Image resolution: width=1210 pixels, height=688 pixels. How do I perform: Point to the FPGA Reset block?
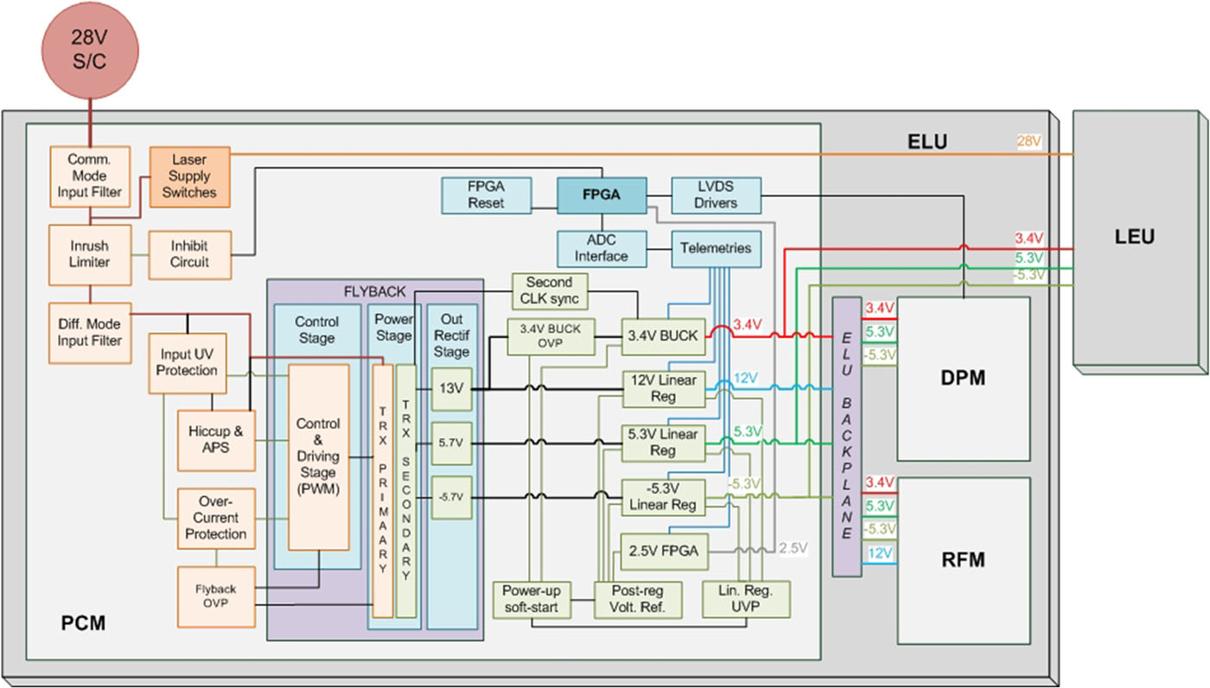[x=487, y=194]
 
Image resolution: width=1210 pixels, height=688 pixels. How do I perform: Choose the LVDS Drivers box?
[x=716, y=194]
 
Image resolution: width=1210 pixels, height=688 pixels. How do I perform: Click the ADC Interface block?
[x=601, y=248]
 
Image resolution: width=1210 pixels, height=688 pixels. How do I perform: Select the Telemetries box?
[x=716, y=248]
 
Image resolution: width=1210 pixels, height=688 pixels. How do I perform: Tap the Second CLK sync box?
[x=550, y=291]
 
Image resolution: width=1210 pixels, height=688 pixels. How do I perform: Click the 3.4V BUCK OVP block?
[x=551, y=336]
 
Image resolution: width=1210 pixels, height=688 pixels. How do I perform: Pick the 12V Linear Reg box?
[x=663, y=388]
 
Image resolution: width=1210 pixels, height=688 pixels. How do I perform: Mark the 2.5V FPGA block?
[x=663, y=550]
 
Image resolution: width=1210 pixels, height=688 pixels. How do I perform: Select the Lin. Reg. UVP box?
[x=746, y=599]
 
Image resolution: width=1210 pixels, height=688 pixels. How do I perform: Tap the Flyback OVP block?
[x=215, y=597]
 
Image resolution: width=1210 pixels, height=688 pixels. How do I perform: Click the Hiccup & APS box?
[x=215, y=432]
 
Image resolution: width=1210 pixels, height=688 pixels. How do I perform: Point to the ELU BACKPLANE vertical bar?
[x=847, y=436]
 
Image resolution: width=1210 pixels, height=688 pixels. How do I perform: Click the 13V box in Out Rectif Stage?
[x=450, y=389]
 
